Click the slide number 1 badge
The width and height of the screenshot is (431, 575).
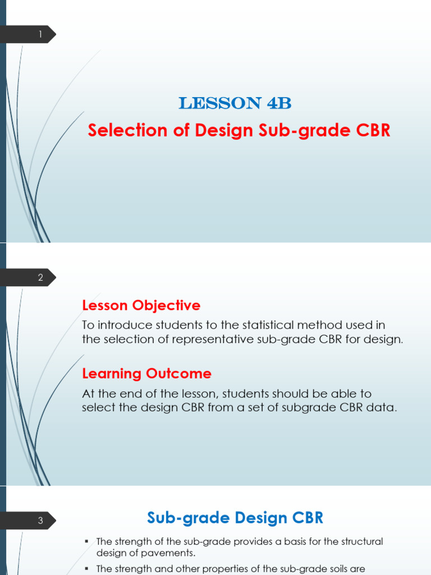click(x=40, y=35)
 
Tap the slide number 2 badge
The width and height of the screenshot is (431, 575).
click(x=40, y=277)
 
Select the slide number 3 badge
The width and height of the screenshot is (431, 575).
click(x=40, y=521)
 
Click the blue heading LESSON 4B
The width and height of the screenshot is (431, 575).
click(x=235, y=103)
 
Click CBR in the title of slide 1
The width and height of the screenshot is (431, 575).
click(x=369, y=130)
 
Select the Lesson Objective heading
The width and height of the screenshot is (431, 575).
click(x=141, y=305)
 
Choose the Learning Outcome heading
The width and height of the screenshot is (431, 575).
click(x=146, y=373)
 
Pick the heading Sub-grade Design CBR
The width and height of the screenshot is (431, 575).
click(x=235, y=518)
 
